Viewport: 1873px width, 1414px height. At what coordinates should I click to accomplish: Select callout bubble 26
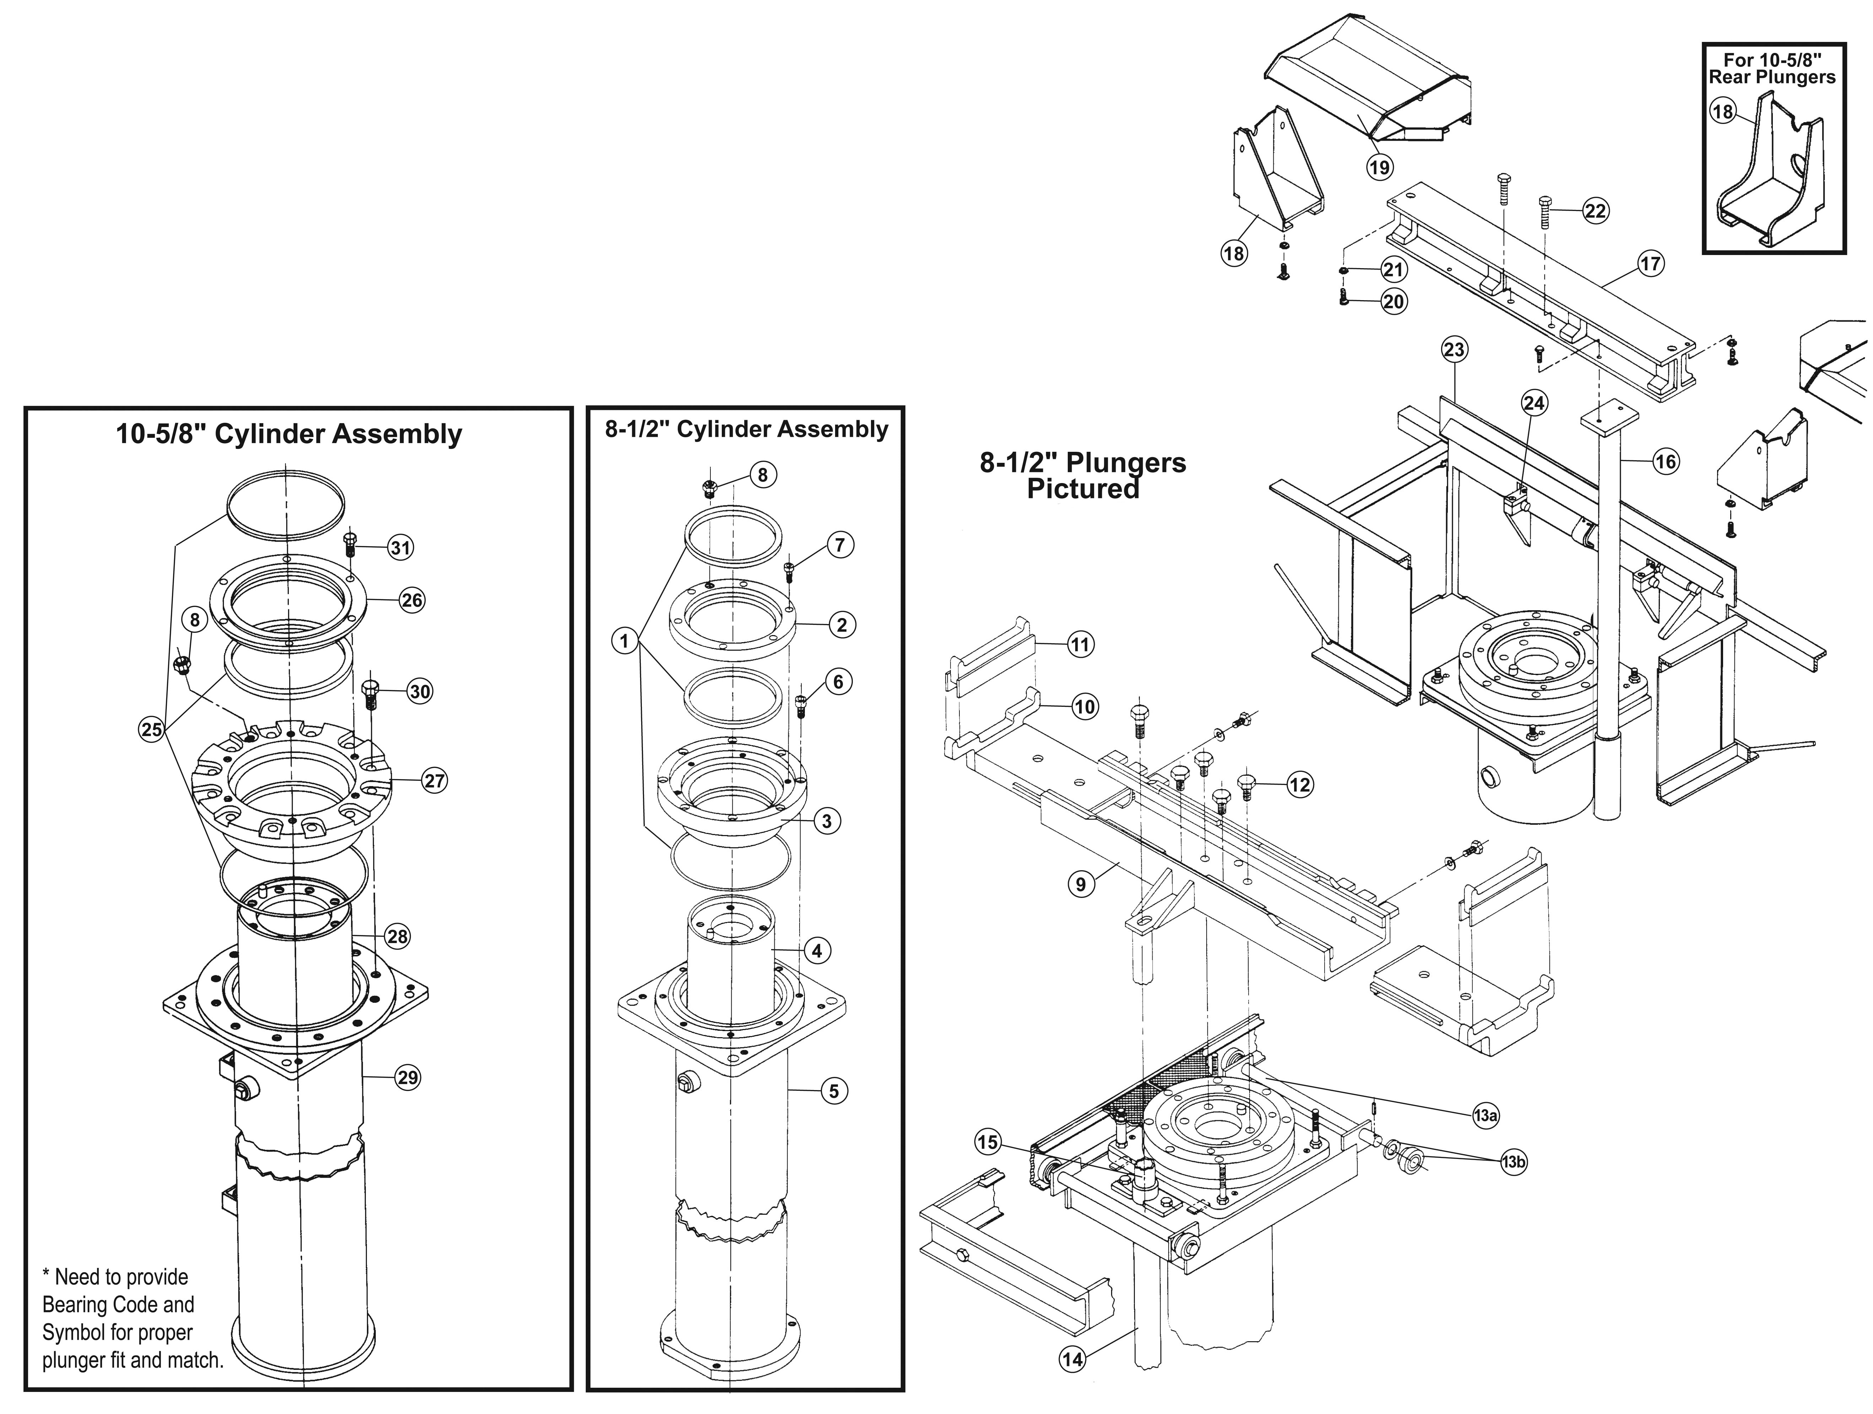point(412,600)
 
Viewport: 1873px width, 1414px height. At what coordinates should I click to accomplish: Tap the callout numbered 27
point(434,781)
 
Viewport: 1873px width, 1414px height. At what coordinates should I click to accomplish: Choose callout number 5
point(833,1091)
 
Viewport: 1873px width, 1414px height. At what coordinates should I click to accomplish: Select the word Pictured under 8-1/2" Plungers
point(1083,489)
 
